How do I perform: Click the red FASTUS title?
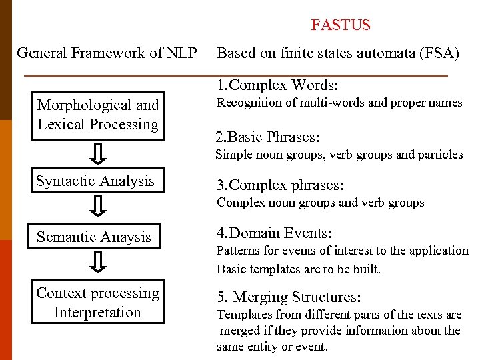coord(341,25)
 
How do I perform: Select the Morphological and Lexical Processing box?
coord(98,115)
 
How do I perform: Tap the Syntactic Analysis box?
coord(95,181)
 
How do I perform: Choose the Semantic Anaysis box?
coord(94,237)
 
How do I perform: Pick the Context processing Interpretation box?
coord(98,303)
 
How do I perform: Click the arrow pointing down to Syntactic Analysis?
coord(98,154)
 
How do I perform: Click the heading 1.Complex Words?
coord(277,85)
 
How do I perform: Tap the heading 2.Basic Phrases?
coord(267,138)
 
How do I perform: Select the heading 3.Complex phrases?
coord(279,185)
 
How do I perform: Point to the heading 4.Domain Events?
coord(274,233)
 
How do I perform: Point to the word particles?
coord(440,155)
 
